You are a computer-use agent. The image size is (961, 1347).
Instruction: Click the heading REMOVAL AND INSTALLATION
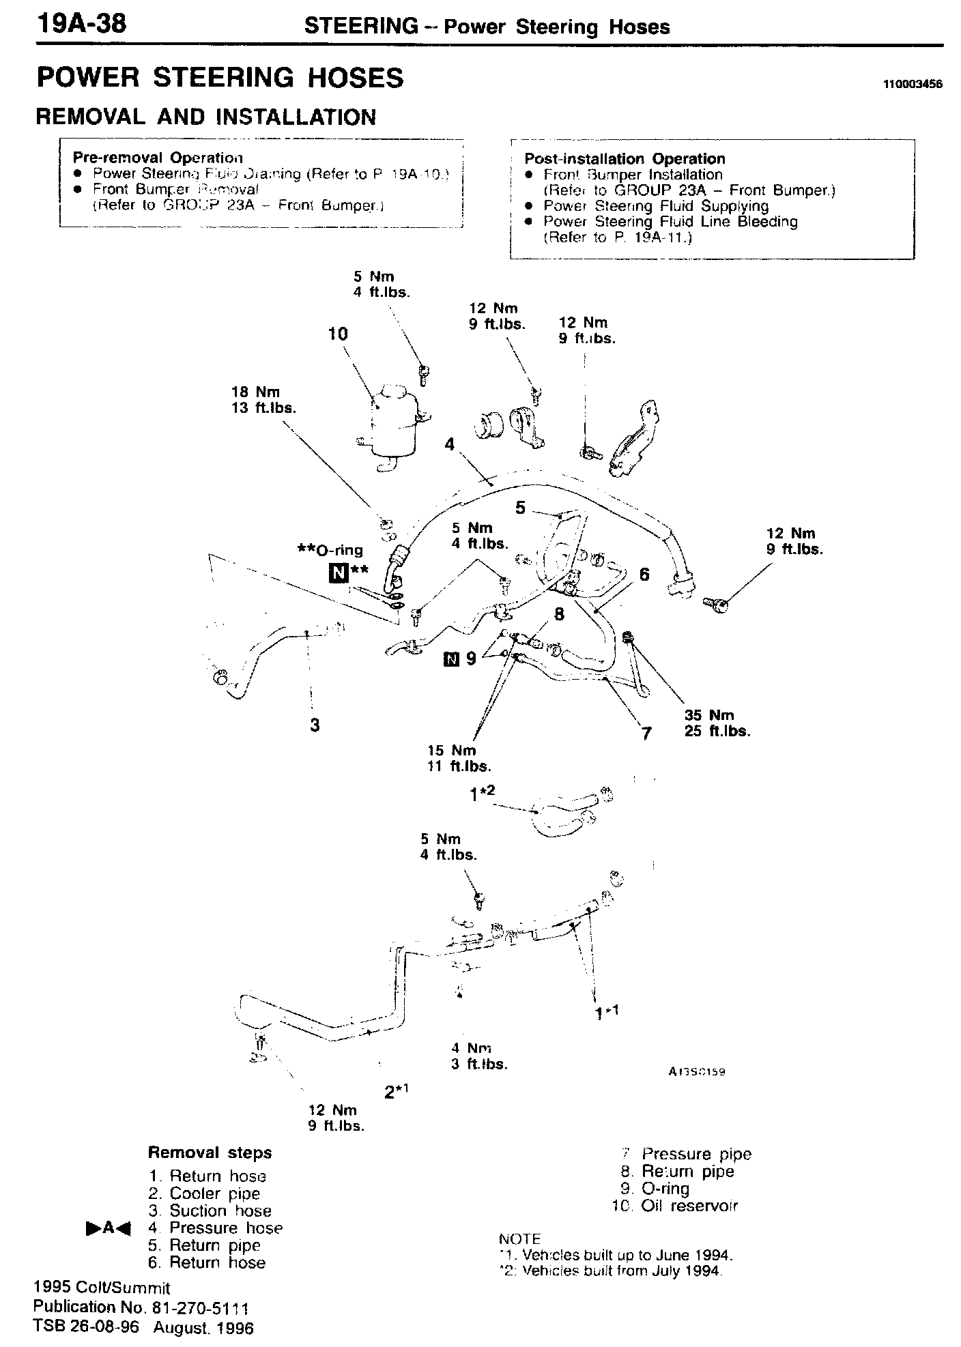205,117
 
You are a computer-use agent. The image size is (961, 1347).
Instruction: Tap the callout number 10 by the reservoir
338,334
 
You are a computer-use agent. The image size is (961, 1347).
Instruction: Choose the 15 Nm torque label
452,751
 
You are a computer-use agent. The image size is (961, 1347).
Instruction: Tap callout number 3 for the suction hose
315,725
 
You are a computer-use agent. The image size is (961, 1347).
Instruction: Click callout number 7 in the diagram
647,734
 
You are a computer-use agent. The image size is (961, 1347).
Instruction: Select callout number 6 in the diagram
644,575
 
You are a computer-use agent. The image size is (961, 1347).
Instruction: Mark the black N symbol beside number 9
450,658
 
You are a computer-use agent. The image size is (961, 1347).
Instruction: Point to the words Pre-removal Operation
158,158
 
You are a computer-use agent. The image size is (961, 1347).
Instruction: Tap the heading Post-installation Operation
625,159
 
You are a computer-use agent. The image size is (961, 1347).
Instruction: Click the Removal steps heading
210,1153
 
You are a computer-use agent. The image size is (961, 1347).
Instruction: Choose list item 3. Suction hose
210,1211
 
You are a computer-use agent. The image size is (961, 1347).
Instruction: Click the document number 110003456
912,85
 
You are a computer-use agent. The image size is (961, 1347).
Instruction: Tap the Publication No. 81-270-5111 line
141,1307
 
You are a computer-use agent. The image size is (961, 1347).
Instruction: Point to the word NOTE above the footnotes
519,1239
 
